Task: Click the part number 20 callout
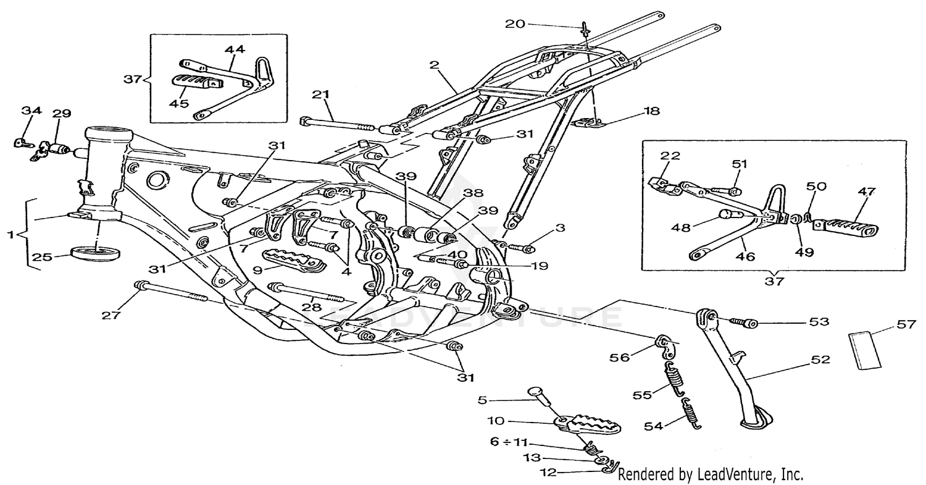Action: tap(515, 24)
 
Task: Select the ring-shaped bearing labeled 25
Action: tap(97, 253)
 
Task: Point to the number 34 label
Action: tap(31, 111)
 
